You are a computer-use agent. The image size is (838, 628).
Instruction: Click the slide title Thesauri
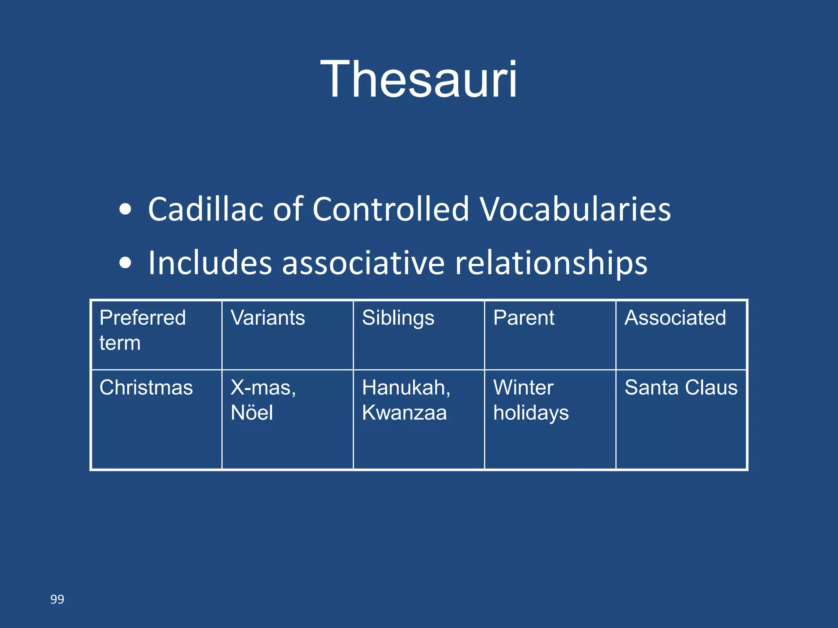[419, 79]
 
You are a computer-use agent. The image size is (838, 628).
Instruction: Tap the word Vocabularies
[575, 209]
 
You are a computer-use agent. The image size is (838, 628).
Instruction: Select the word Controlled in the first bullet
[391, 209]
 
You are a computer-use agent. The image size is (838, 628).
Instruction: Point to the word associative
[363, 262]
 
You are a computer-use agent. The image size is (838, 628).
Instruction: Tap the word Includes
[210, 262]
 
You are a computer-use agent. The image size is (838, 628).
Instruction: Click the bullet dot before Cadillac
[126, 210]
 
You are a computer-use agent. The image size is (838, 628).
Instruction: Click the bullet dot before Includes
[126, 263]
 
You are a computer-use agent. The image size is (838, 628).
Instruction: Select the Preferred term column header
[142, 330]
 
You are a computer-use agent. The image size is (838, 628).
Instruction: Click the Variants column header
[268, 318]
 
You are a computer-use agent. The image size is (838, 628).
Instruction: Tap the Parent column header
[524, 318]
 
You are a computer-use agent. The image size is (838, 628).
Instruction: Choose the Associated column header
[675, 318]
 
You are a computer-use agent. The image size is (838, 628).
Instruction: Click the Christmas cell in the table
[146, 388]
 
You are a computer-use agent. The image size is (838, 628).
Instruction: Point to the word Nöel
[252, 412]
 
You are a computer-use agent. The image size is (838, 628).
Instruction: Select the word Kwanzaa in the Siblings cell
[404, 412]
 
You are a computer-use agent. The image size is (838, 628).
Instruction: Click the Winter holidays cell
[531, 400]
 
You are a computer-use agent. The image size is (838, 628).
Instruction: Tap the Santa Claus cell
[681, 388]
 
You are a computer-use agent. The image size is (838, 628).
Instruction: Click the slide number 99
[57, 599]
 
